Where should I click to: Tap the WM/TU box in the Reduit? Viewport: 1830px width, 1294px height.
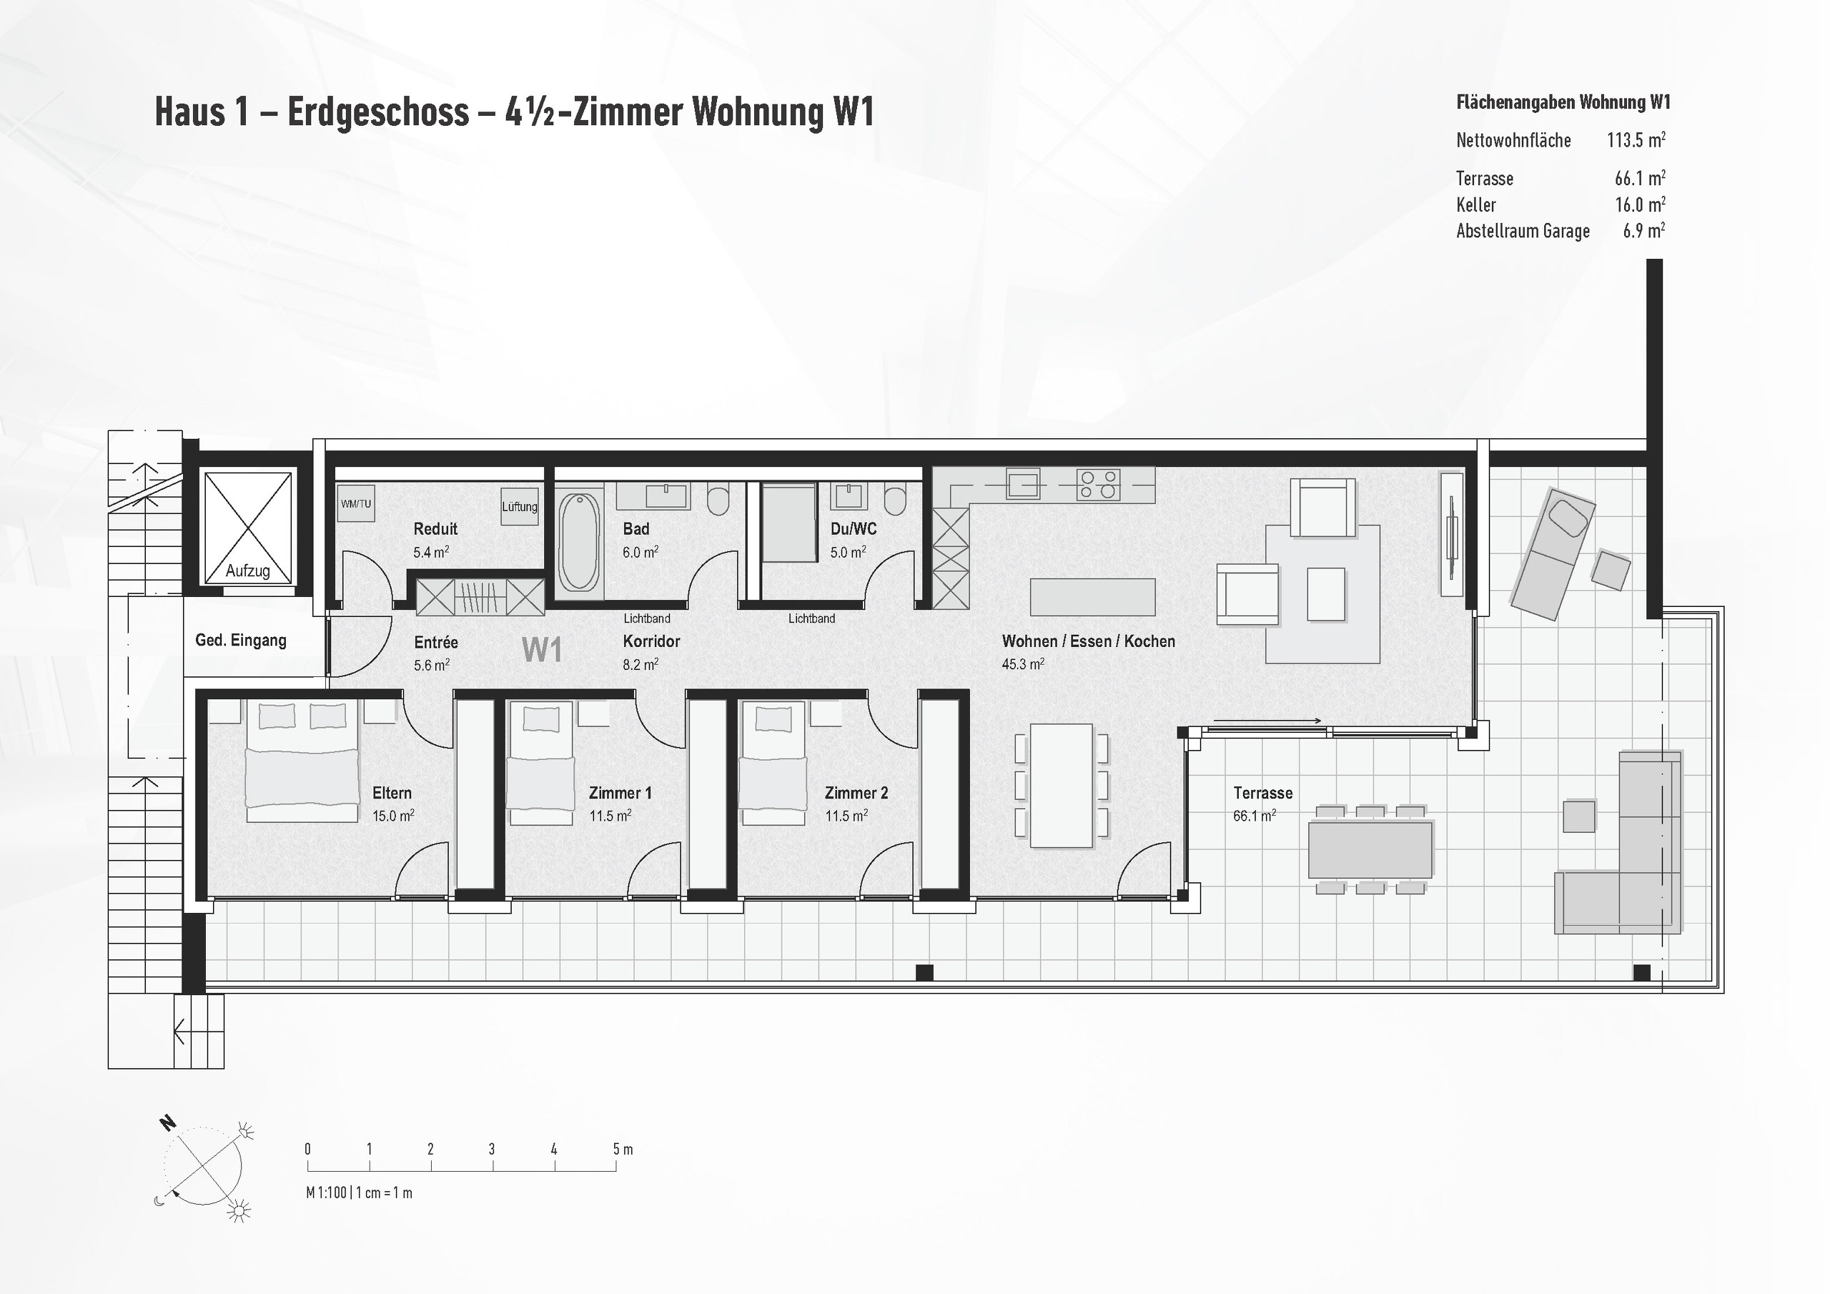(x=355, y=504)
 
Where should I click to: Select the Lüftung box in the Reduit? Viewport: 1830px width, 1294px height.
(x=519, y=506)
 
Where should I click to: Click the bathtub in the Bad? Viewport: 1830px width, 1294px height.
(x=578, y=540)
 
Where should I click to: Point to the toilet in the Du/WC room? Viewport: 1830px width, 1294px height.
(x=895, y=500)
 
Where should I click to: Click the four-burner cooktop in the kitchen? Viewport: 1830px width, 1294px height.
(x=1098, y=484)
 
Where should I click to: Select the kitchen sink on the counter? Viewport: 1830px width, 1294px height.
(x=1024, y=483)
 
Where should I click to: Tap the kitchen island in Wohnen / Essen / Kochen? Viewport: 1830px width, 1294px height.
(x=1092, y=597)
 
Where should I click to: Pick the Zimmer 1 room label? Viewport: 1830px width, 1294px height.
(x=620, y=793)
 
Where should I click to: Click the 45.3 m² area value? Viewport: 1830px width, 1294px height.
(x=1023, y=664)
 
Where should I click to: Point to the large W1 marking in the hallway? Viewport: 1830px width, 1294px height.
(x=542, y=650)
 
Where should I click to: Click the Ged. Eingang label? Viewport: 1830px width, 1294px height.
(x=241, y=641)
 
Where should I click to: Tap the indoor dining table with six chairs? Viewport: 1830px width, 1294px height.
(x=1061, y=785)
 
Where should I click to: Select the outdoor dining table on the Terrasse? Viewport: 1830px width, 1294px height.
(x=1370, y=850)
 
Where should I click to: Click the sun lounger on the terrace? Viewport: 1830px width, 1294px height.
(x=1553, y=554)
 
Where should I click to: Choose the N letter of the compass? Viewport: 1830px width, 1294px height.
(x=167, y=1123)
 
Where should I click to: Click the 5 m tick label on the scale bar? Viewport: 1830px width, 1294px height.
(x=623, y=1149)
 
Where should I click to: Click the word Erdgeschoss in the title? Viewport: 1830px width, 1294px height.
(x=378, y=112)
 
